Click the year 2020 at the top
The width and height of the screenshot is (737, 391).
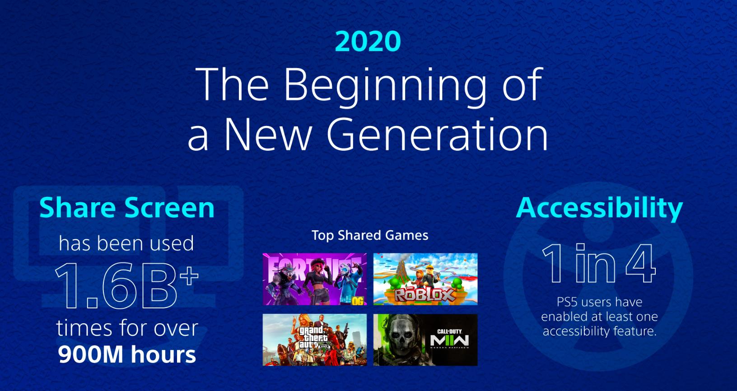pos(368,42)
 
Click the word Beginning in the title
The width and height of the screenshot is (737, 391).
pos(384,87)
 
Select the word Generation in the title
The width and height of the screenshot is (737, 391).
pos(437,135)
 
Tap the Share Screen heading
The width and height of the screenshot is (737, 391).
pos(126,208)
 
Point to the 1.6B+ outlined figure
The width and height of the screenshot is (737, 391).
pos(126,285)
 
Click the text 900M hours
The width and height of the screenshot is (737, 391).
pos(126,354)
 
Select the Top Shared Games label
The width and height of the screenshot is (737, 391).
pos(370,235)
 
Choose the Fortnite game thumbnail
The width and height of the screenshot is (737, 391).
pos(315,279)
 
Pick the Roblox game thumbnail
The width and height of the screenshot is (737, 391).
pos(425,279)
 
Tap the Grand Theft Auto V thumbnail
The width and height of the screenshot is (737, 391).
pos(315,340)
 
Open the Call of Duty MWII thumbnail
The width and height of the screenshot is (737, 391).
pos(425,340)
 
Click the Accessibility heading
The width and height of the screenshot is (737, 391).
pos(599,208)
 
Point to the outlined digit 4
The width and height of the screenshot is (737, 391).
pos(641,263)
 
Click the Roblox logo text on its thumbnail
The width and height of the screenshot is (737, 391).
pos(424,295)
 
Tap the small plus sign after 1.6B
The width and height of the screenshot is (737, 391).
pos(189,275)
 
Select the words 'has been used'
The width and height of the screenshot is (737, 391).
pos(126,244)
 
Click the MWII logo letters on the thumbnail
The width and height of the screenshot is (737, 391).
pos(449,340)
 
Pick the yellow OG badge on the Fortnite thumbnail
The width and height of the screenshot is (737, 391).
pos(358,301)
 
